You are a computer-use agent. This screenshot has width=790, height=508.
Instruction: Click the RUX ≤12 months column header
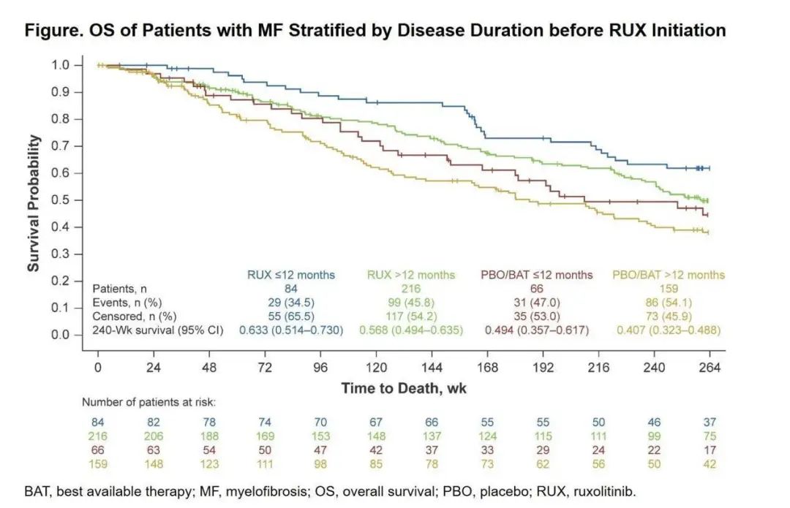tap(291, 276)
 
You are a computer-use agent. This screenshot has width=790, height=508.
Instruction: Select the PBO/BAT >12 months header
tap(668, 276)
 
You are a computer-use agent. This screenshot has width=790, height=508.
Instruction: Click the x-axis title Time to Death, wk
tap(403, 389)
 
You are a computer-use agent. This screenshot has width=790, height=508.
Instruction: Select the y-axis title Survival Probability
tap(34, 203)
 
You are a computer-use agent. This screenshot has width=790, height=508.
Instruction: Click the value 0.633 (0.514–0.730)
tap(291, 330)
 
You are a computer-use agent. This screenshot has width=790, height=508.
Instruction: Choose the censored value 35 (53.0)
tap(537, 316)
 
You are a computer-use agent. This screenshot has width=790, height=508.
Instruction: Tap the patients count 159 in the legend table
tap(668, 289)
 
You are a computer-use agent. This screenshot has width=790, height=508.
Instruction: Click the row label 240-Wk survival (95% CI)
tap(157, 330)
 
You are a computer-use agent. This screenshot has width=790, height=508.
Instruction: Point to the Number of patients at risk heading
tap(148, 402)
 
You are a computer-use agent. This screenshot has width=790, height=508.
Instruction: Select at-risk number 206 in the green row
tap(153, 436)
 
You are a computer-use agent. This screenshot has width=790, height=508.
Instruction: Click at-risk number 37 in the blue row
tap(710, 422)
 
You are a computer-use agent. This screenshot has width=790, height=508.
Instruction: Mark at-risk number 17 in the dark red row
tap(710, 450)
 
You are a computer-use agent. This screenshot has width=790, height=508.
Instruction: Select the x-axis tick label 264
tap(710, 368)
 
